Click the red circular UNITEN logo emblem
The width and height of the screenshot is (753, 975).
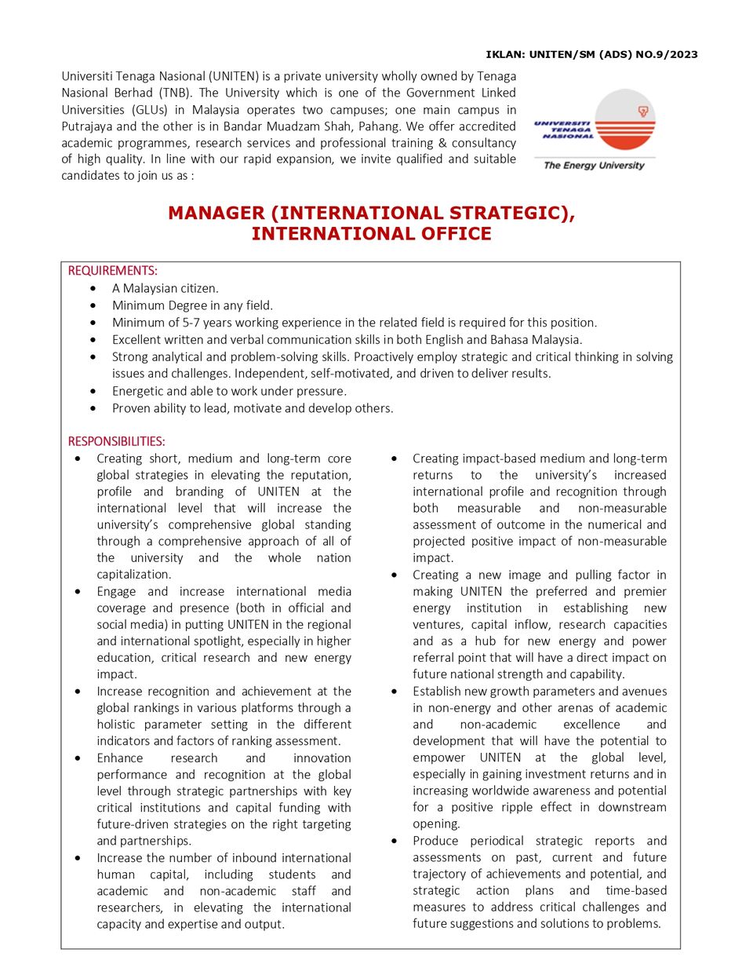click(625, 119)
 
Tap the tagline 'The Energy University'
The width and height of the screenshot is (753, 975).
click(594, 166)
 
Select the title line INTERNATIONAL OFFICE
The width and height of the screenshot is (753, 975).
click(371, 234)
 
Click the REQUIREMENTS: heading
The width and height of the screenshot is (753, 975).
click(112, 271)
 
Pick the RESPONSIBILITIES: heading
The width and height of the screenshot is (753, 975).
click(116, 441)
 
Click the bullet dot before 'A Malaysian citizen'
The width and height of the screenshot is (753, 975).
click(94, 289)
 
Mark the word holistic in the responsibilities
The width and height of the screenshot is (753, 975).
click(120, 725)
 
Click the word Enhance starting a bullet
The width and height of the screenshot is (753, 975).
click(119, 758)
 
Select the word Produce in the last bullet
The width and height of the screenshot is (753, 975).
click(435, 841)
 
